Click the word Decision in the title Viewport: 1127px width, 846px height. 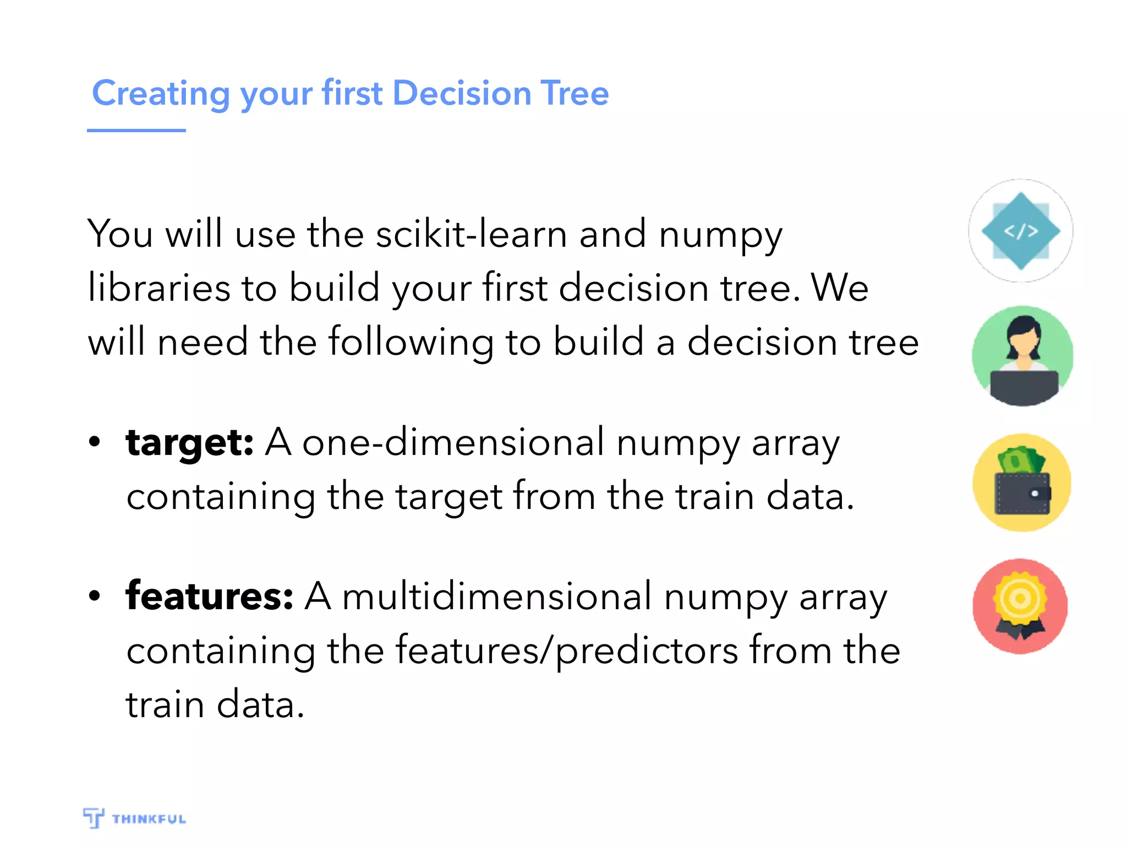point(461,93)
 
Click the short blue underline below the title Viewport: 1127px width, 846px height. point(136,131)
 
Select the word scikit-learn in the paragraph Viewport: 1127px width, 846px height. point(471,234)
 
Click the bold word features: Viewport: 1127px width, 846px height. point(209,596)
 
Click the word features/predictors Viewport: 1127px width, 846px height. point(567,650)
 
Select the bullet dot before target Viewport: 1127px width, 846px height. point(95,442)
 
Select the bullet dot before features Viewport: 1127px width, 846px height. point(95,596)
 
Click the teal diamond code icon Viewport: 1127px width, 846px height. point(1021,231)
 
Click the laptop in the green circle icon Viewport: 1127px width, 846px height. point(1024,386)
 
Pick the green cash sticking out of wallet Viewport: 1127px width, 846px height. point(1020,460)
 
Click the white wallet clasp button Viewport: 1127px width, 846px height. point(1035,493)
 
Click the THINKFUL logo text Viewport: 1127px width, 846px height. point(149,819)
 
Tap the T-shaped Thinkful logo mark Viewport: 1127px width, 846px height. point(94,817)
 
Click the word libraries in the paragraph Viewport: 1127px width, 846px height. point(159,288)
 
